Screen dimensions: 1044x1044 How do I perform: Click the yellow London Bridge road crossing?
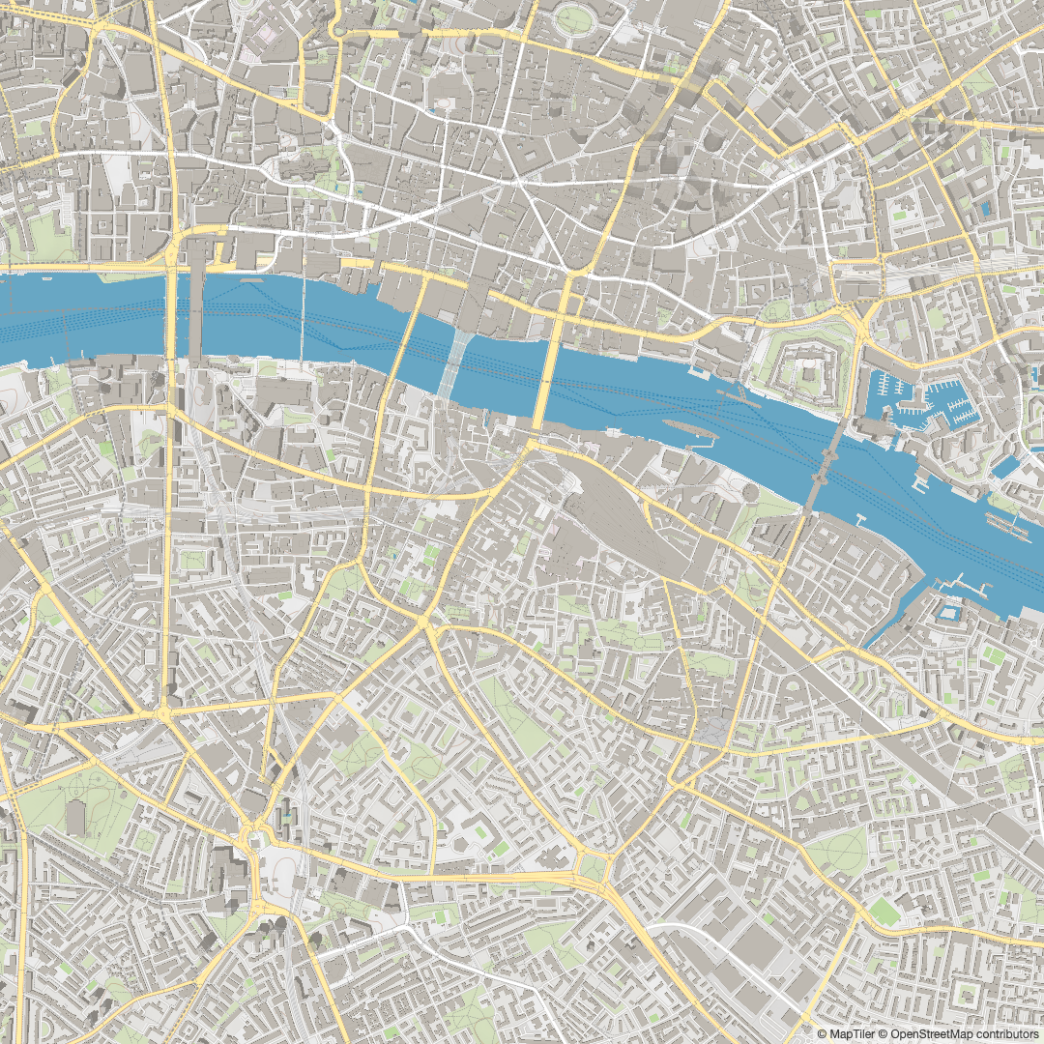[548, 377]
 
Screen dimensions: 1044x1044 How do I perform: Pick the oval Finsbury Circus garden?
[574, 19]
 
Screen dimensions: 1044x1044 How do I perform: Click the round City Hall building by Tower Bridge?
[750, 492]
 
